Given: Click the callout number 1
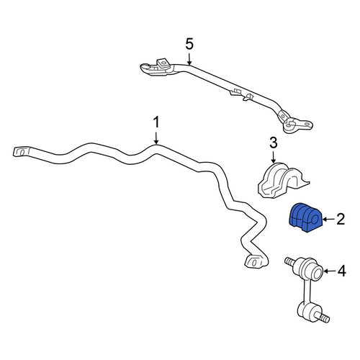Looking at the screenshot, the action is point(156,122).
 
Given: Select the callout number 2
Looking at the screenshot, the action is point(341,219).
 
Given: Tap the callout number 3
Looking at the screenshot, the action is point(274,143).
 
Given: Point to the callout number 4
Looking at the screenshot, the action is point(342,271).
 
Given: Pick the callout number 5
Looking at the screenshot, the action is point(189,45).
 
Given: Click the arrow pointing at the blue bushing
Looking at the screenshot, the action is point(328,219).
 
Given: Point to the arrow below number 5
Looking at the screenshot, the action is point(189,59).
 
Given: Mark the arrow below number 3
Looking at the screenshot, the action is point(274,158).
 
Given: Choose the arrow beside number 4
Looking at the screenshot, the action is point(330,271).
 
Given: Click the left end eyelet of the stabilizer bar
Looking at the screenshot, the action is point(22,152).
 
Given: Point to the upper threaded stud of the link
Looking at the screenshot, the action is point(289,262).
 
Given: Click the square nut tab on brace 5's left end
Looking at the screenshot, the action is point(163,63).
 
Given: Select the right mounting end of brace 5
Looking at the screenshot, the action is point(297,125).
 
